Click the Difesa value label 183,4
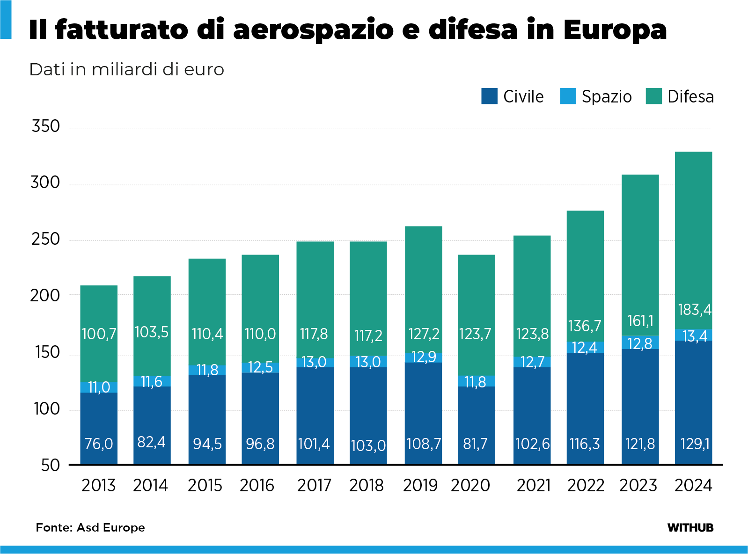(x=694, y=310)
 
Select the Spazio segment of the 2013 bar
(x=99, y=387)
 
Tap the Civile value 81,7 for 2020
(x=475, y=444)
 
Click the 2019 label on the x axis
(x=420, y=486)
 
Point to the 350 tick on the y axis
(x=46, y=126)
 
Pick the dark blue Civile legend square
(x=489, y=96)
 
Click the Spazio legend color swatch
(x=568, y=96)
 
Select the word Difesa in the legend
(x=690, y=97)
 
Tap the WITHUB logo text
(x=690, y=528)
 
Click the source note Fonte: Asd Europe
(x=90, y=528)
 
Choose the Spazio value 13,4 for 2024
(x=695, y=336)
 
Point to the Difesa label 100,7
(x=99, y=334)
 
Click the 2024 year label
(x=693, y=486)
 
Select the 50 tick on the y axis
(x=51, y=466)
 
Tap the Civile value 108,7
(x=423, y=444)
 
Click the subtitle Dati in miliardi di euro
(x=126, y=69)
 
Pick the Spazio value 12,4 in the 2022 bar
(x=585, y=347)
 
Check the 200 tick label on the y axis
(x=45, y=296)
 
